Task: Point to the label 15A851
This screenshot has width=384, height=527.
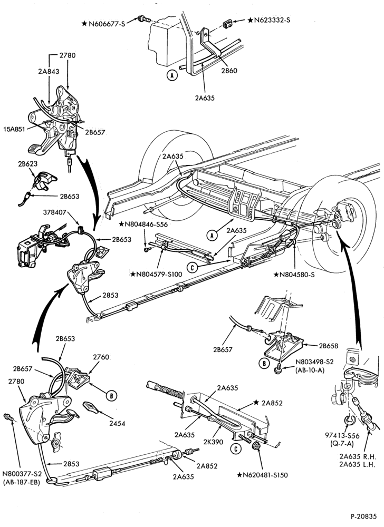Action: click(14, 129)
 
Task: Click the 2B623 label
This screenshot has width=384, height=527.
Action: click(27, 164)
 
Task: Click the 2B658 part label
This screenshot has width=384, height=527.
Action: click(329, 346)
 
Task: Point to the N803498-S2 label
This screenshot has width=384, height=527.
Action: click(314, 362)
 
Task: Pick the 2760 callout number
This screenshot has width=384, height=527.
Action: click(101, 357)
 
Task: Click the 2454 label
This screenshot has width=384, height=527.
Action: click(117, 424)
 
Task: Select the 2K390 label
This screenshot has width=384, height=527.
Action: click(213, 442)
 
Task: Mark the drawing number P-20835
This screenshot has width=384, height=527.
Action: click(364, 516)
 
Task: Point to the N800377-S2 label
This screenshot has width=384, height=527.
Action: click(22, 474)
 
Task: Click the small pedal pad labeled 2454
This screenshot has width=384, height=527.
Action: click(90, 407)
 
